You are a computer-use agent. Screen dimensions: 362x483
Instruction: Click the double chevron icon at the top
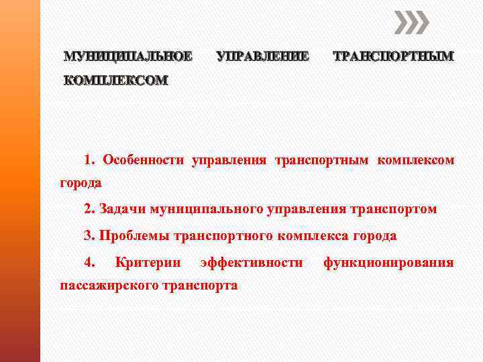pyautogui.click(x=411, y=23)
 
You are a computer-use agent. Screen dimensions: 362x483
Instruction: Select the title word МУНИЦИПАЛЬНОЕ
pyautogui.click(x=127, y=57)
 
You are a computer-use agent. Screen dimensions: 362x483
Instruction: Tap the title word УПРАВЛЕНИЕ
pyautogui.click(x=263, y=57)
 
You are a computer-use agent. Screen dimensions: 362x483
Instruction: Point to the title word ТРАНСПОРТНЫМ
pyautogui.click(x=394, y=57)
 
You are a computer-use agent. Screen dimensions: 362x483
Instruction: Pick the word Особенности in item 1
pyautogui.click(x=144, y=160)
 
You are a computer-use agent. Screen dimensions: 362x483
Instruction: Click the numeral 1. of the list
pyautogui.click(x=90, y=160)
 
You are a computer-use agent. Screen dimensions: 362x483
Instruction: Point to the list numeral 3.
pyautogui.click(x=89, y=235)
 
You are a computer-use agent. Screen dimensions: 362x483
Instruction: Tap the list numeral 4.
pyautogui.click(x=90, y=262)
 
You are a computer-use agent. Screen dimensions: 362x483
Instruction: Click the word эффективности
pyautogui.click(x=252, y=262)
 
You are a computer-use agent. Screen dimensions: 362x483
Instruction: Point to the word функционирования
pyautogui.click(x=388, y=262)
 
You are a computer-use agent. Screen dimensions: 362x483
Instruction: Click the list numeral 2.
pyautogui.click(x=89, y=209)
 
